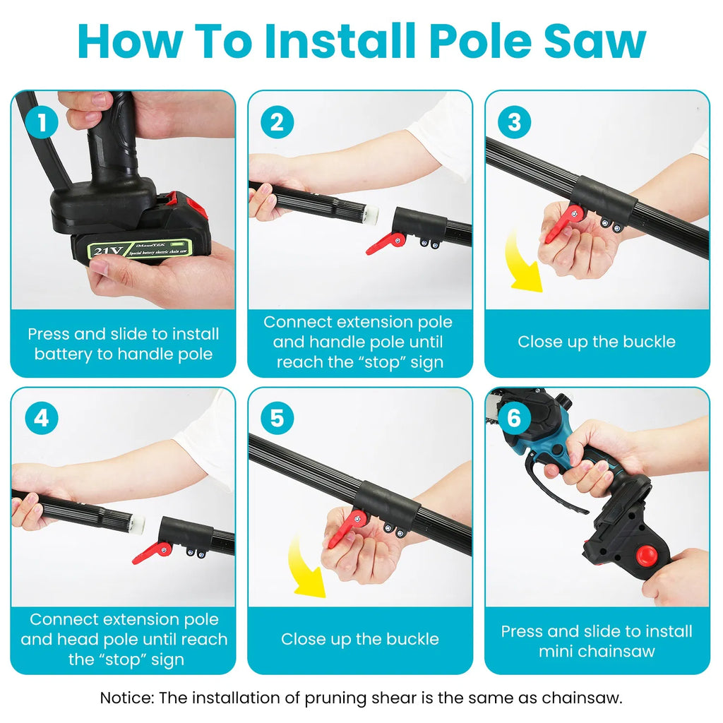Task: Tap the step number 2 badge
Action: [277, 123]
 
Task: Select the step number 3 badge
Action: [514, 123]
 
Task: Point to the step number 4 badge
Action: [42, 419]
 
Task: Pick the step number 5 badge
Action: [277, 419]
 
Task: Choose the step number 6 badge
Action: [514, 419]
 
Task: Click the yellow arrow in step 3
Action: [523, 265]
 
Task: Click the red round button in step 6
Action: [645, 555]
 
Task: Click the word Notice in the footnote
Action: [126, 698]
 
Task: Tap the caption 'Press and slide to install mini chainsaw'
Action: [597, 641]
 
